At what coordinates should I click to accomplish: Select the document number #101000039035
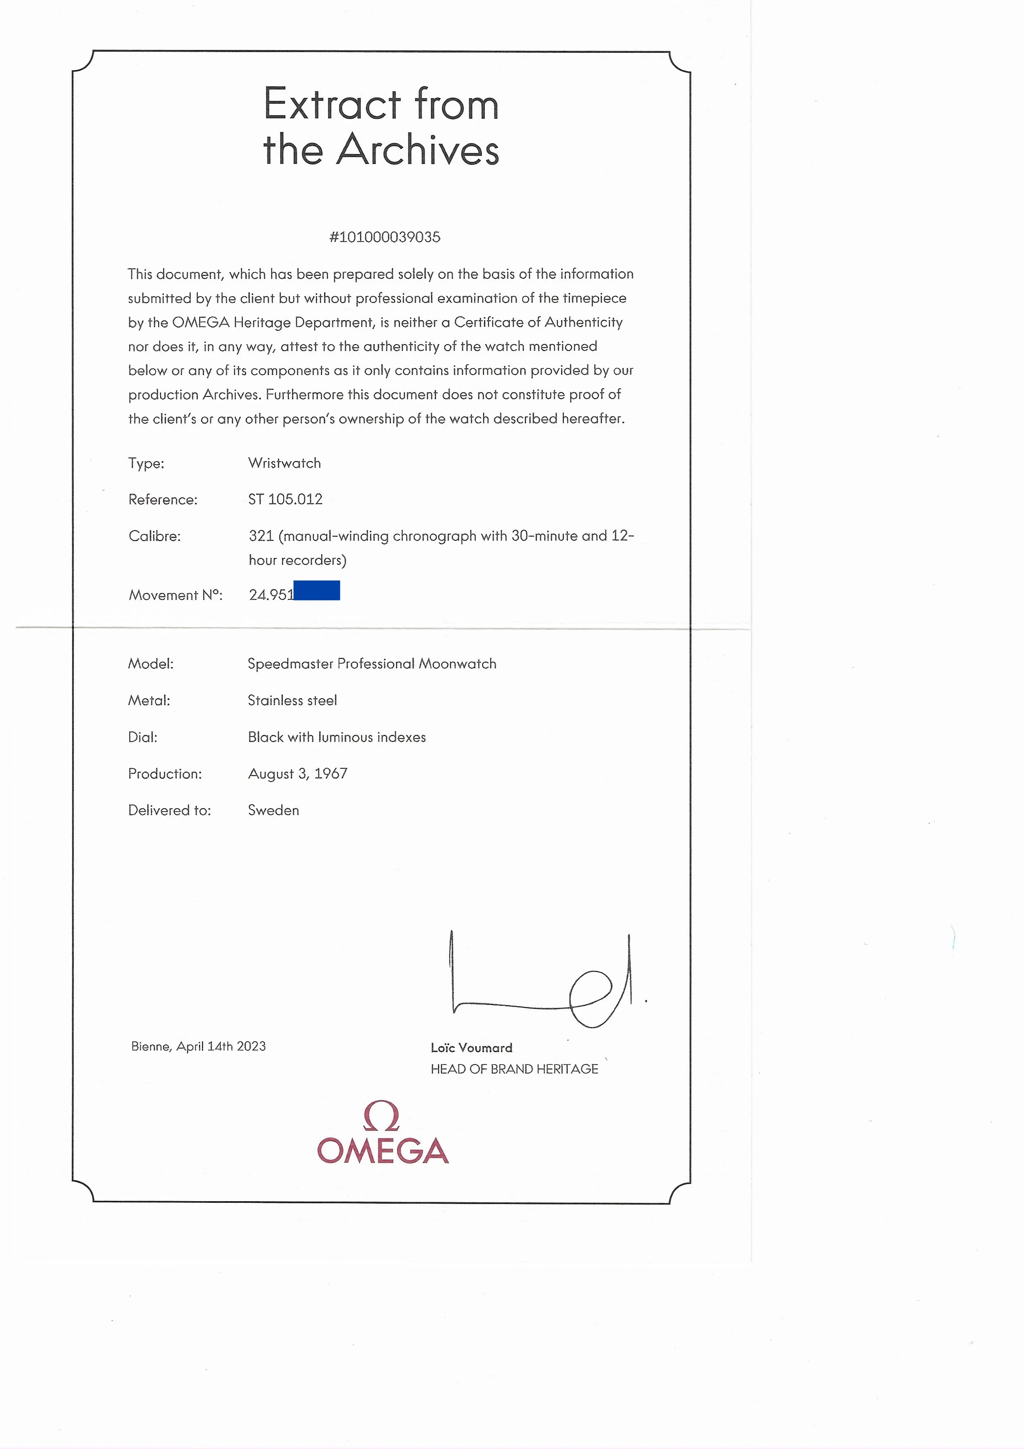384,237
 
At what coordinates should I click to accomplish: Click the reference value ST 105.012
285,499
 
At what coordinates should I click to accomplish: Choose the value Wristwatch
284,463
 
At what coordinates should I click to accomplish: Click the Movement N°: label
175,595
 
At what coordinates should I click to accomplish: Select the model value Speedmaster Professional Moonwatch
372,664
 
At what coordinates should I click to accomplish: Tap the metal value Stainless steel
292,701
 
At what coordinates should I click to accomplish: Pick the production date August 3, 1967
297,774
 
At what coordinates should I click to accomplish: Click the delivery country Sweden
273,810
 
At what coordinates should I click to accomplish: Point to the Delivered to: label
169,810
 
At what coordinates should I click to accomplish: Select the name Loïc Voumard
471,1048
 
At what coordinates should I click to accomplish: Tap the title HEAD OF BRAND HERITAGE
514,1069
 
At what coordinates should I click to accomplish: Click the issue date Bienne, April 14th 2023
198,1046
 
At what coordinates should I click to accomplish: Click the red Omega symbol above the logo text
382,1116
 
